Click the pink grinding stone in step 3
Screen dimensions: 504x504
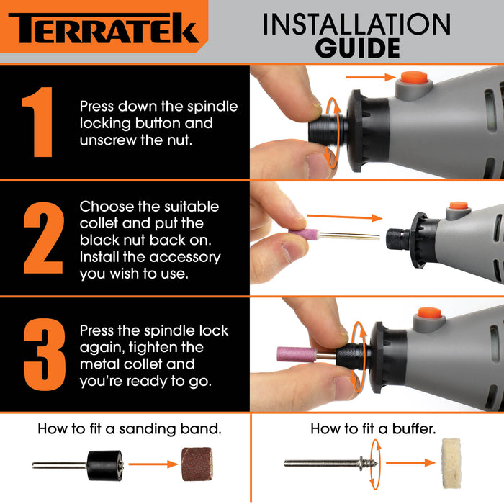click(297, 354)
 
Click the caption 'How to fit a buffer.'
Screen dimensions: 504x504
click(373, 429)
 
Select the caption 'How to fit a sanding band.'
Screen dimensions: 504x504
click(129, 429)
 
